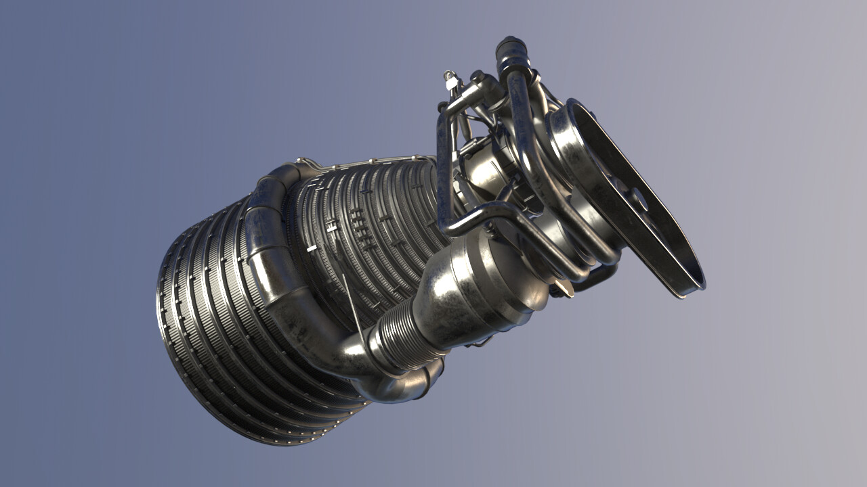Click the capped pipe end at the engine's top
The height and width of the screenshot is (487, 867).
(512, 49)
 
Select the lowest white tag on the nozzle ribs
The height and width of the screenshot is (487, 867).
(311, 249)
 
